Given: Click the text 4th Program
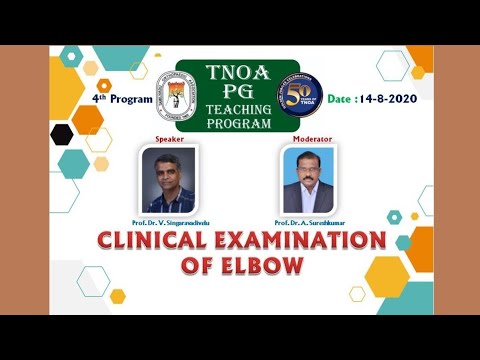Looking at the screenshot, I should point(123,101).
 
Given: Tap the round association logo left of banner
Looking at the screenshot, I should point(182,100).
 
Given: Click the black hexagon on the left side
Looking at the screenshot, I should point(62,133).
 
